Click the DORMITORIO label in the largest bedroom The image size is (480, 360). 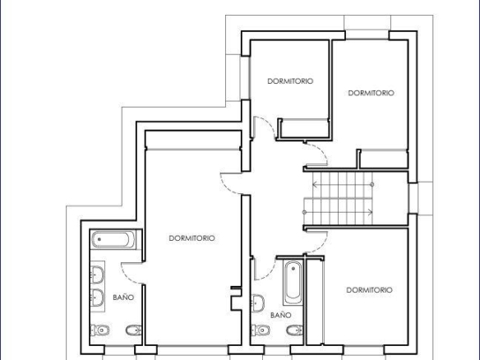(x=192, y=238)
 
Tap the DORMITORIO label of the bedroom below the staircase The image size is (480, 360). (x=369, y=290)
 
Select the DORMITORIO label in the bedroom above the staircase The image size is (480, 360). (x=371, y=93)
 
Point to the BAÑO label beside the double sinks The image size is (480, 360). (x=123, y=298)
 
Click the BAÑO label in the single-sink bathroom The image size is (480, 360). (x=281, y=315)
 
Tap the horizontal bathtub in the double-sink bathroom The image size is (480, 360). (x=113, y=239)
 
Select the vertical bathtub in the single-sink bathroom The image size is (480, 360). (x=293, y=283)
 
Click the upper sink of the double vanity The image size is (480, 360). (x=97, y=275)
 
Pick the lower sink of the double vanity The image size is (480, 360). (x=97, y=298)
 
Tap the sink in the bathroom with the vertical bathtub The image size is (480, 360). (x=258, y=303)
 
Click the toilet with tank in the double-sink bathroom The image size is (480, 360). (x=100, y=330)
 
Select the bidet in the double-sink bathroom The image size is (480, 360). (x=133, y=330)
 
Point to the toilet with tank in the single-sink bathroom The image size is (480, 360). (x=261, y=330)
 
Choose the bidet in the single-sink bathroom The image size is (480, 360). (x=294, y=330)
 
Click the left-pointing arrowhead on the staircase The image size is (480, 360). (x=315, y=185)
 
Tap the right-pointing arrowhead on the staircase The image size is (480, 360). (x=370, y=212)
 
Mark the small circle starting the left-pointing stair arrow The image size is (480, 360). (x=372, y=185)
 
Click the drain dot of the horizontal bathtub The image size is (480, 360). (x=99, y=239)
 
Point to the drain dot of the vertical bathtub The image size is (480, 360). (x=293, y=269)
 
